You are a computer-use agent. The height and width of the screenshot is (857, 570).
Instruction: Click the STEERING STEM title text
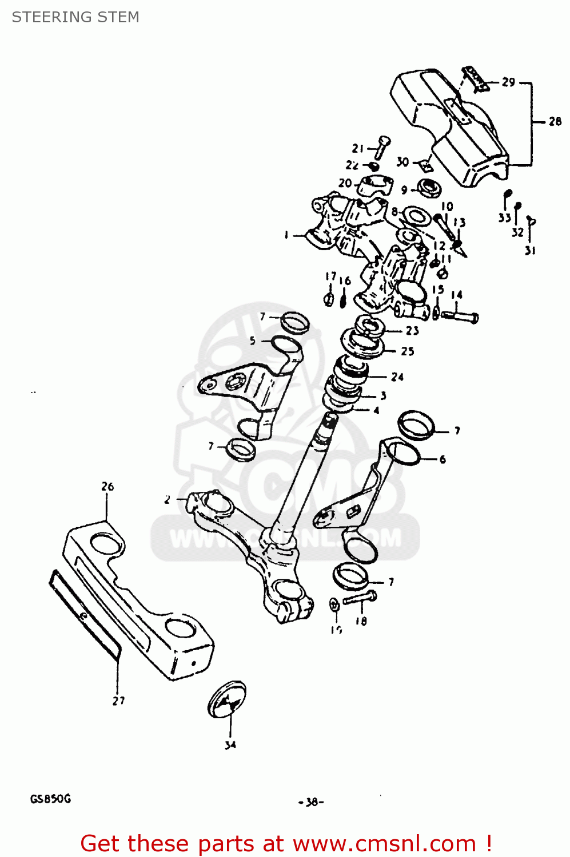coord(75,17)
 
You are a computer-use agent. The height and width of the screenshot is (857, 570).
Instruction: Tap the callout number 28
coord(555,121)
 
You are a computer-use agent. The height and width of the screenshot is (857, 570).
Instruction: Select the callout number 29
coord(508,82)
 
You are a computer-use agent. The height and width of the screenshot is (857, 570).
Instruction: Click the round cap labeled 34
coord(227,699)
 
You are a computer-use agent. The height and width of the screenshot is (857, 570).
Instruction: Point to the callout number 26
coord(107,486)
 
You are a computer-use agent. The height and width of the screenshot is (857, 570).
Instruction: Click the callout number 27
coord(118,700)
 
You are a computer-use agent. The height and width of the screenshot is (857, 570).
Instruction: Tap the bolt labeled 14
coord(461,315)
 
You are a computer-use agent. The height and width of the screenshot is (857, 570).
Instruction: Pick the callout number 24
coord(397,377)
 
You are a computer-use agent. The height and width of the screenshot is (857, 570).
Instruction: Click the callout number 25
coord(407,351)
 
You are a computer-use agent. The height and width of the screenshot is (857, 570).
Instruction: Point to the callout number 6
coord(443,459)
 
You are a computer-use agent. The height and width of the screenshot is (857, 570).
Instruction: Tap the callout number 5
coord(253,341)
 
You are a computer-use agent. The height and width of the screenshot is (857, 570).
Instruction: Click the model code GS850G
coord(50,799)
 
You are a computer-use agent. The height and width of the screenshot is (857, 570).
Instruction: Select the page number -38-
coord(311,802)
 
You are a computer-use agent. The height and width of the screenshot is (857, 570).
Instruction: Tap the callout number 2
coord(167,500)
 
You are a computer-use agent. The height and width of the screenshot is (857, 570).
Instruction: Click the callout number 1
coord(286,235)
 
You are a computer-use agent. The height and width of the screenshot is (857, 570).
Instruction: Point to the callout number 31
coord(530,250)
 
